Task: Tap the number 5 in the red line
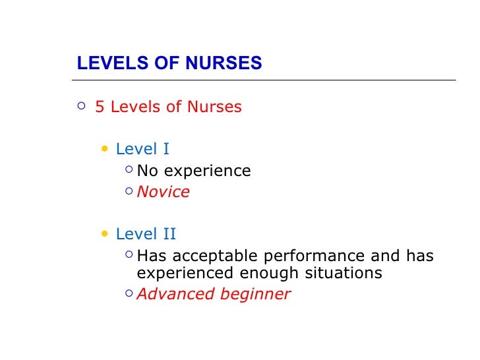coord(100,107)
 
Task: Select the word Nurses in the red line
coord(215,107)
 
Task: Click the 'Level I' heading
coord(142,149)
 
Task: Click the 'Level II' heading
coord(146,235)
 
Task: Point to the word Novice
coord(163,193)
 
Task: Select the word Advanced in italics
coord(173,294)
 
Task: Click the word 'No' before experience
coord(147,171)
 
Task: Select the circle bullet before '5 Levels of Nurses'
coord(80,105)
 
